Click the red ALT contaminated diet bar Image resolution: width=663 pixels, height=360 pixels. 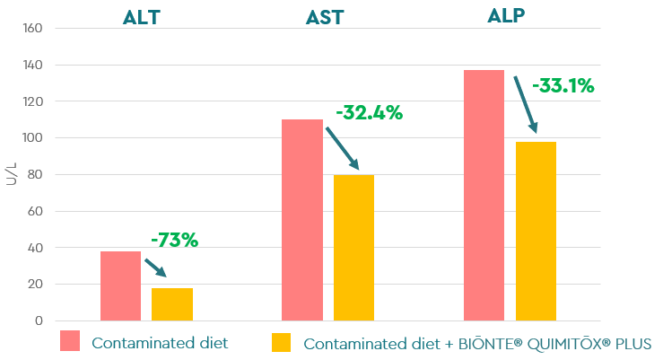pyautogui.click(x=120, y=285)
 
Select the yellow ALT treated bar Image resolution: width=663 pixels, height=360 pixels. pyautogui.click(x=171, y=304)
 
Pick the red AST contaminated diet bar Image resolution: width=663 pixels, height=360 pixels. pyautogui.click(x=301, y=220)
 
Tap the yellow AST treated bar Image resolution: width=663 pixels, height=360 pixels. pyautogui.click(x=353, y=248)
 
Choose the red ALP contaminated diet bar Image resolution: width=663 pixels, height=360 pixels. pyautogui.click(x=484, y=195)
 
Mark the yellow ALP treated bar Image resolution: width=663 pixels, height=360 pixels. pyautogui.click(x=536, y=231)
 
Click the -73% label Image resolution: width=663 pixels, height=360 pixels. pyautogui.click(x=174, y=240)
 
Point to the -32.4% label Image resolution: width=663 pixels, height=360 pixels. pyautogui.click(x=369, y=113)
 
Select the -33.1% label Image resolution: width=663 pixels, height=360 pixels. pyautogui.click(x=563, y=86)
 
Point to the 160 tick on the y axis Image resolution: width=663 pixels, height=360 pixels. pyautogui.click(x=31, y=28)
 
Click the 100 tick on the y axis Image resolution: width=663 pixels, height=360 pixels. pyautogui.click(x=31, y=138)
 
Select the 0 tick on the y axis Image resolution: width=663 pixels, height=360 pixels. pyautogui.click(x=39, y=320)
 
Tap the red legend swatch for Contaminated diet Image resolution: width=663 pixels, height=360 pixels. pyautogui.click(x=71, y=341)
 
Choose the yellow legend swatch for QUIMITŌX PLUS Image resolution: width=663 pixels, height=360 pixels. pyautogui.click(x=283, y=342)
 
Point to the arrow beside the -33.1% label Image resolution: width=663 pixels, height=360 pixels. pyautogui.click(x=525, y=104)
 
